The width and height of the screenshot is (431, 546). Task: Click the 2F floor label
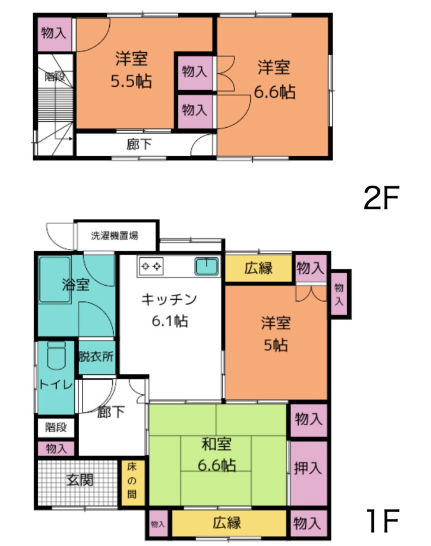(x=381, y=198)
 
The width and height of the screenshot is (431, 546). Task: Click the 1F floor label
(x=382, y=521)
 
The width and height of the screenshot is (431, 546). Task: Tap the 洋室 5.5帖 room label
(x=131, y=70)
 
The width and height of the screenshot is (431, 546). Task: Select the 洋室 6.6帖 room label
(x=274, y=79)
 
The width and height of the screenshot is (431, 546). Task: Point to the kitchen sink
(x=207, y=266)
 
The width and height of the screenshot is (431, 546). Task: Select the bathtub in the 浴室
(x=55, y=280)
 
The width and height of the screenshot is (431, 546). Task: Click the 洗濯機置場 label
(x=114, y=236)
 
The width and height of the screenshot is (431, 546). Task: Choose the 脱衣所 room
(x=97, y=356)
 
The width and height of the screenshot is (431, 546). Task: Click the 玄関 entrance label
(x=80, y=480)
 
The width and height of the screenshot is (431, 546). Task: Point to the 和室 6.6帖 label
(x=216, y=455)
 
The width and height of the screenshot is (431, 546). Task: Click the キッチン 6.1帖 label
(x=169, y=310)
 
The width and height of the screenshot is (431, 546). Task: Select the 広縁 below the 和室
(x=227, y=522)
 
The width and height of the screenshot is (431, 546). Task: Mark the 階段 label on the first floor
(x=56, y=427)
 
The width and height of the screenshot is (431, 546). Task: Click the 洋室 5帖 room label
(x=276, y=334)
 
